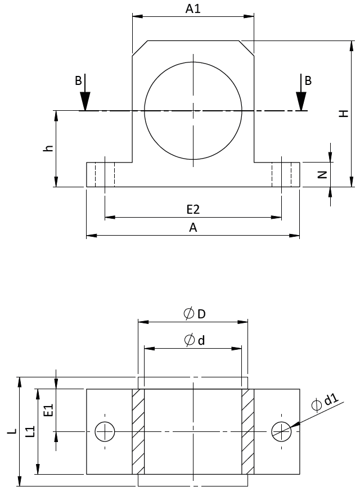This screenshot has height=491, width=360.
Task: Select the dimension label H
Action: coord(344,113)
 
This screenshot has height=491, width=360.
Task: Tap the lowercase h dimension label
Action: coord(49,148)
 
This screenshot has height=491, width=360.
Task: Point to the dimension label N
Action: coord(322,174)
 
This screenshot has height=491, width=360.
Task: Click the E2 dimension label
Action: coord(193,209)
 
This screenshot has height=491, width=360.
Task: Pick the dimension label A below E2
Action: coord(193,227)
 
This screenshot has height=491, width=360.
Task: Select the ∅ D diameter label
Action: coord(194,314)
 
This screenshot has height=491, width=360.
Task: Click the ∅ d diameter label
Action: coord(194,340)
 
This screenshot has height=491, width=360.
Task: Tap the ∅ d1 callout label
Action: coord(324,403)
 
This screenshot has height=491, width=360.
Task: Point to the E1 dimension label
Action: coord(48,410)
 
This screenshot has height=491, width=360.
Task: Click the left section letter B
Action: coord(78,80)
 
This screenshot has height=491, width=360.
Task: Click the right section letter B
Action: coord(308,80)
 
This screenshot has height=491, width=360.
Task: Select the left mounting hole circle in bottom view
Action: coord(105,431)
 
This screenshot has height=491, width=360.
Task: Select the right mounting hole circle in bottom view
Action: coord(281,431)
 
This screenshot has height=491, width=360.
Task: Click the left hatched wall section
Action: coord(138,431)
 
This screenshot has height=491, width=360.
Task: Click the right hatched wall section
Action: coord(247,431)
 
